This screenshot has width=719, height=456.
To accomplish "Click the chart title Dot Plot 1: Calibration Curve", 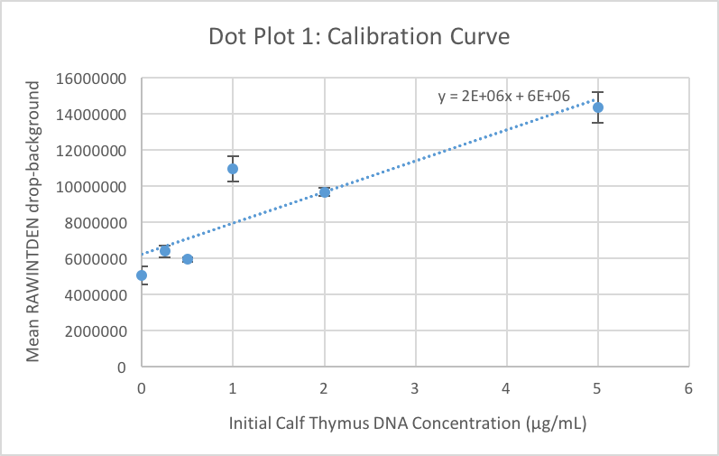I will [x=359, y=37].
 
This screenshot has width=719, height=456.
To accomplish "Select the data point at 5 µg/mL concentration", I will [x=597, y=107].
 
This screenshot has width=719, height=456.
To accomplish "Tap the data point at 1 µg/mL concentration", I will [x=233, y=169].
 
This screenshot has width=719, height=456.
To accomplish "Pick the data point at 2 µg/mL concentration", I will [x=325, y=191].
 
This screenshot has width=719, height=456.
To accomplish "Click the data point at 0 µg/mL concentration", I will [x=142, y=275].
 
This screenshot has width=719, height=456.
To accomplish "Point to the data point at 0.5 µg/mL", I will [x=188, y=259].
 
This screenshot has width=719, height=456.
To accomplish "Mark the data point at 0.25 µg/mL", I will [x=164, y=250].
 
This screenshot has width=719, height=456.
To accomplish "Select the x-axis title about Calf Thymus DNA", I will [x=415, y=423].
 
